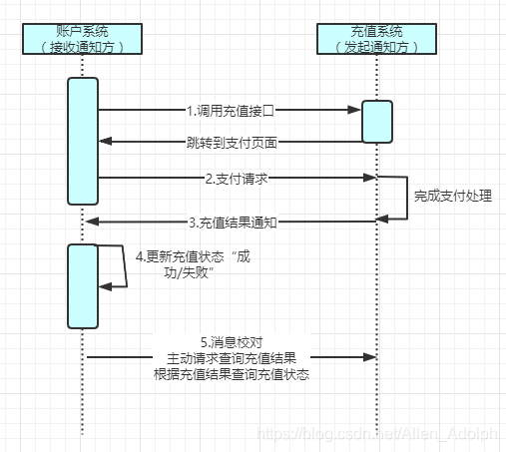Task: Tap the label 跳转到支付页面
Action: (231, 142)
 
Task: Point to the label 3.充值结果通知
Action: (232, 222)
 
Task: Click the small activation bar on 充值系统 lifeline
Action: (377, 121)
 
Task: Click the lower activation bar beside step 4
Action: (83, 285)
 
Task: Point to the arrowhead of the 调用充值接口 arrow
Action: (355, 109)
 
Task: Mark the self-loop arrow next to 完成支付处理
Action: (407, 197)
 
